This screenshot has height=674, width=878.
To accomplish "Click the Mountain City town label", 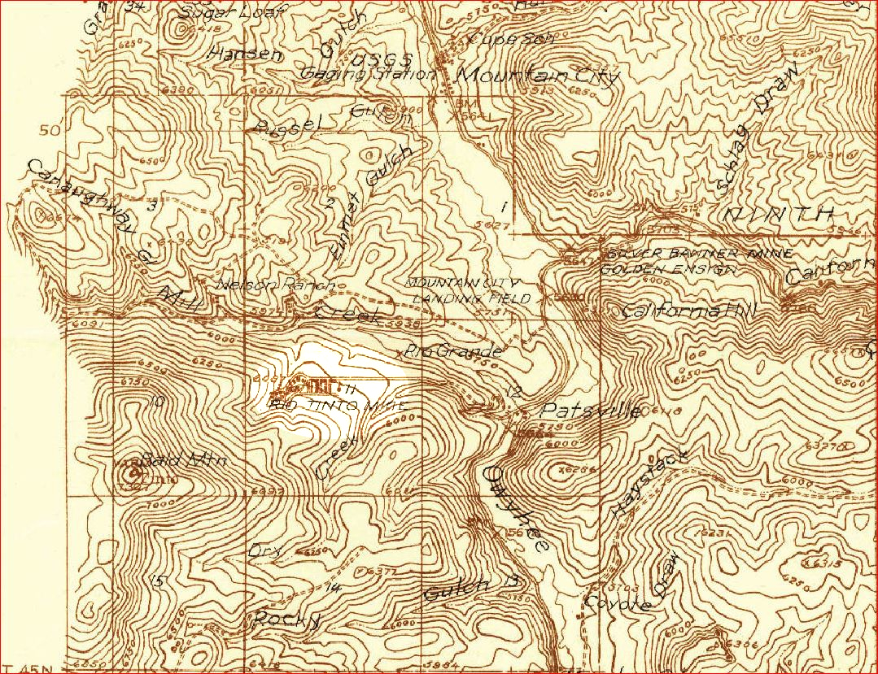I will coord(538,76).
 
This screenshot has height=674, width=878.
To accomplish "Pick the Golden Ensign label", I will coord(671,268).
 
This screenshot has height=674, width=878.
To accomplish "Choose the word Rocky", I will coord(284,619).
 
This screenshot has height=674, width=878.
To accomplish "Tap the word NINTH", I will coord(778,215).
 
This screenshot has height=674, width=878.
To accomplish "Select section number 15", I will coord(158,581).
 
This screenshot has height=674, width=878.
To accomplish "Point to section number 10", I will coord(158,399).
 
